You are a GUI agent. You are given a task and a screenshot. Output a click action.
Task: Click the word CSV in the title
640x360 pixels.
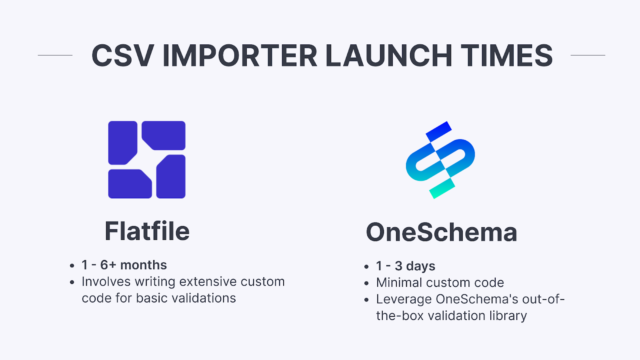[x=122, y=56]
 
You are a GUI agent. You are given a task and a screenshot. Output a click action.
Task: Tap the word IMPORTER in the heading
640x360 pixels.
[x=240, y=56]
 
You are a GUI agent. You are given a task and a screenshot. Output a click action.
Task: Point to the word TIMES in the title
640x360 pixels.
[x=507, y=56]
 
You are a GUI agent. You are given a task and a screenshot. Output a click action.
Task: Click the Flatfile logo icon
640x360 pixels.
[x=147, y=160]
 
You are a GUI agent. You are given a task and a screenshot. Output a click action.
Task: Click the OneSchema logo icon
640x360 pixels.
[x=440, y=160]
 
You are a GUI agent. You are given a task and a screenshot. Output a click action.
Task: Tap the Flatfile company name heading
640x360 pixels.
[x=147, y=231]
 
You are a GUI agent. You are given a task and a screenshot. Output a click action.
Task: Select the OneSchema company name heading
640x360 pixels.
[x=442, y=232]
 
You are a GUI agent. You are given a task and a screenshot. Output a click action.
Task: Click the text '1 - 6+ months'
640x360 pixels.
[x=124, y=265]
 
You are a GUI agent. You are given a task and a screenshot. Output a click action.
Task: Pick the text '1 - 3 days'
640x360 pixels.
[x=406, y=266]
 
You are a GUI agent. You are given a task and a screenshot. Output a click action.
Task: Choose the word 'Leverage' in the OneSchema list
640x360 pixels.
[x=404, y=299]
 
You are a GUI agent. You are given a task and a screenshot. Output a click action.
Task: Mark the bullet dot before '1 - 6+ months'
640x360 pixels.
[x=72, y=266]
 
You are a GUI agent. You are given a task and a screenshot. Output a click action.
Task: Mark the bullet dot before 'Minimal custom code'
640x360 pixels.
[x=366, y=283]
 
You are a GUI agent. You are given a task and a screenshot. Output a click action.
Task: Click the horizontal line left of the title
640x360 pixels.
[x=55, y=55]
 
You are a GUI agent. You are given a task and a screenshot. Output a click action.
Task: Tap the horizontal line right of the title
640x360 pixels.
[x=588, y=55]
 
